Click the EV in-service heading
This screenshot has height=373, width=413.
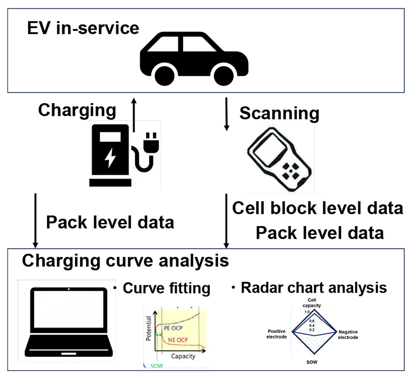(83, 29)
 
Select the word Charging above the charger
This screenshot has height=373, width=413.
(77, 110)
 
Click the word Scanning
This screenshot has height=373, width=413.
(280, 113)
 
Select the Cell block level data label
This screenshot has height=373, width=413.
(318, 208)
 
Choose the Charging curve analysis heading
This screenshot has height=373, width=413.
(126, 261)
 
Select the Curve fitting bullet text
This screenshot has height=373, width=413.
(166, 288)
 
